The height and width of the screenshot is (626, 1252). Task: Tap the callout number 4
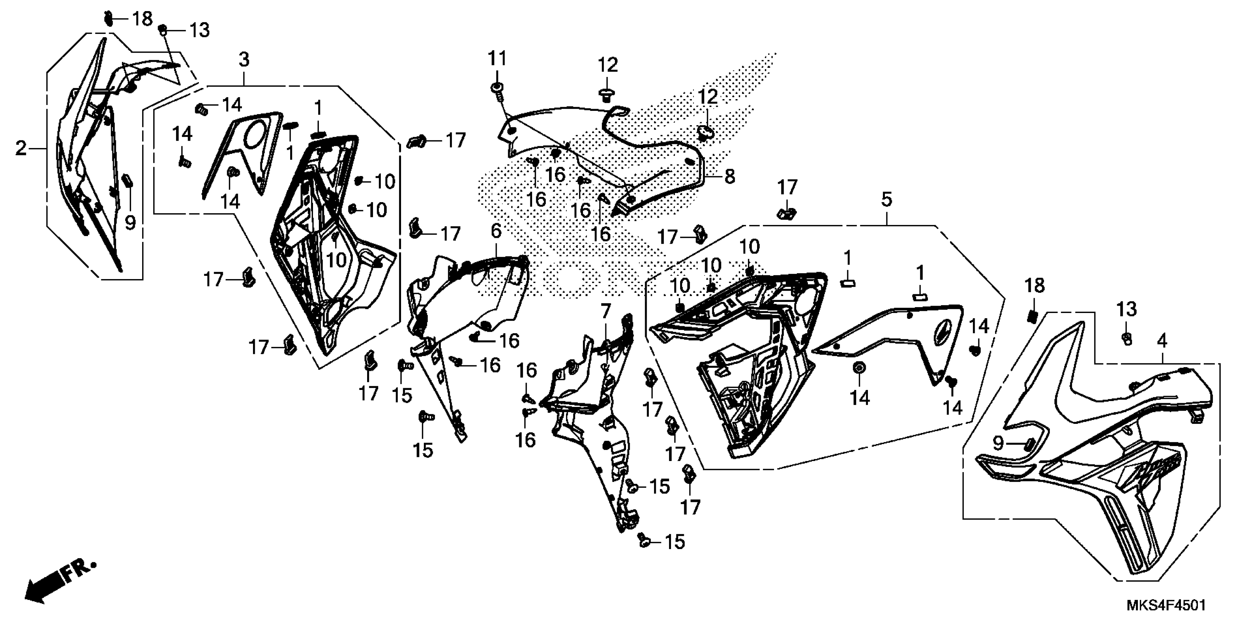1162,342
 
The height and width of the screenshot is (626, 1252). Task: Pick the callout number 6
495,231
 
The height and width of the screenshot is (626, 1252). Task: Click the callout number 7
605,310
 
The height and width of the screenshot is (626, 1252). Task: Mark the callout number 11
497,59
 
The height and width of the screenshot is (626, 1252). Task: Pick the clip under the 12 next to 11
606,93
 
